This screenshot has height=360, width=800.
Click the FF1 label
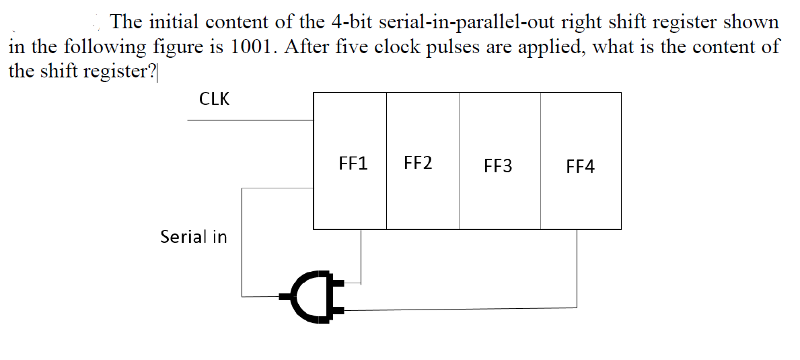click(353, 164)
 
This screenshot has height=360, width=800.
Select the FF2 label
click(418, 163)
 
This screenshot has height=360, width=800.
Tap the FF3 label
click(497, 166)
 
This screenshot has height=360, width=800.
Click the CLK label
click(214, 100)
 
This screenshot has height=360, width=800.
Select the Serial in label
click(193, 237)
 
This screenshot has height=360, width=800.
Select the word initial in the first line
click(174, 22)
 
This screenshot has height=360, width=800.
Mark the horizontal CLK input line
click(250, 120)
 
